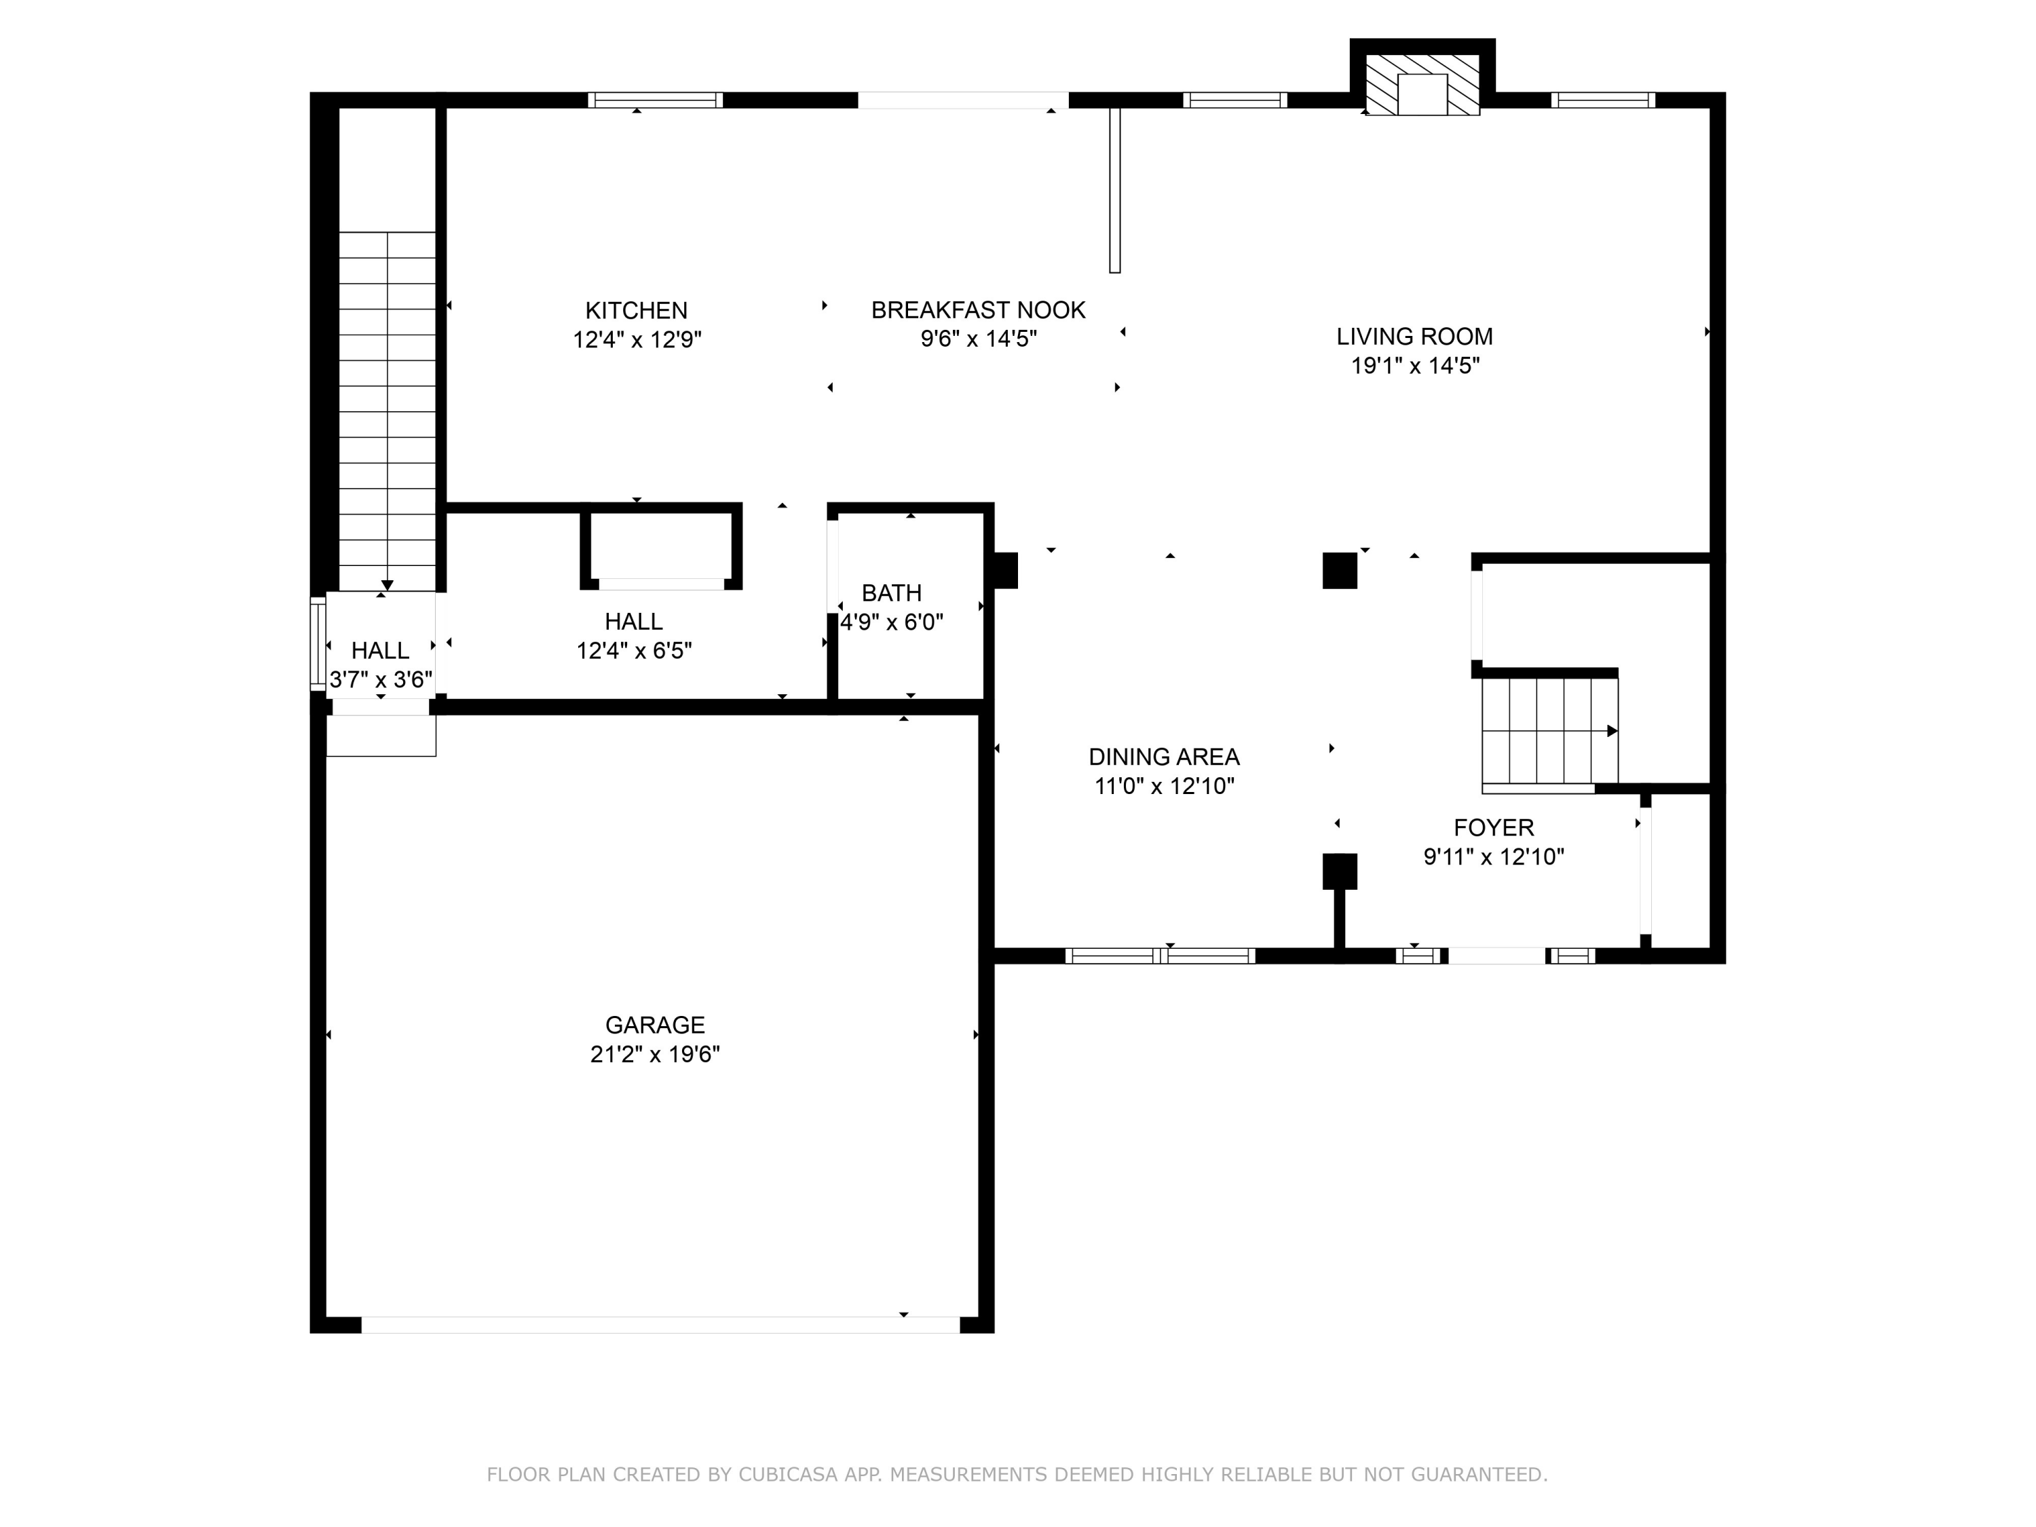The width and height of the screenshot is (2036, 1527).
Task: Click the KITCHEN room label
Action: (x=636, y=310)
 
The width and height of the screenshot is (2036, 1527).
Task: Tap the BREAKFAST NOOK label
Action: (x=979, y=310)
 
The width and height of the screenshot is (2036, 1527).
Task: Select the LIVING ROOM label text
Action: (x=1415, y=337)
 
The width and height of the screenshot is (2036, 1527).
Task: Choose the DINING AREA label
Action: (x=1163, y=757)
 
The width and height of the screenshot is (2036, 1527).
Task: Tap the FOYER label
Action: (x=1493, y=827)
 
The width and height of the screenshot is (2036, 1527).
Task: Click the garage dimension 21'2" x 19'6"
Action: (x=654, y=1054)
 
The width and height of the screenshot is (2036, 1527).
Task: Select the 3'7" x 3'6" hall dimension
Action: (x=380, y=679)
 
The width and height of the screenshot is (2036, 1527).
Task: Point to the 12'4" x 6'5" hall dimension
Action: (x=634, y=651)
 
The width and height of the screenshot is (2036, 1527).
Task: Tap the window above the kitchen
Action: (x=656, y=100)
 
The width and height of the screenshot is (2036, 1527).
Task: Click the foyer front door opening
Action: (x=1496, y=956)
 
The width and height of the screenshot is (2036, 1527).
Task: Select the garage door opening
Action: (x=660, y=1325)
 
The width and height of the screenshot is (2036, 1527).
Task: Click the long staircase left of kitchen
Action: (x=387, y=411)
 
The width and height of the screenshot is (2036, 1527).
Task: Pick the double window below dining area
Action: (x=1160, y=956)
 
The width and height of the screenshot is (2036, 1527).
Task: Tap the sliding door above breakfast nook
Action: (x=963, y=100)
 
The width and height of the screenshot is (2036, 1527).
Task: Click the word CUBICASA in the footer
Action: (x=787, y=1475)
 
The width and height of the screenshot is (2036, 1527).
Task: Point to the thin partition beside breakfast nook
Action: (x=1114, y=191)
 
